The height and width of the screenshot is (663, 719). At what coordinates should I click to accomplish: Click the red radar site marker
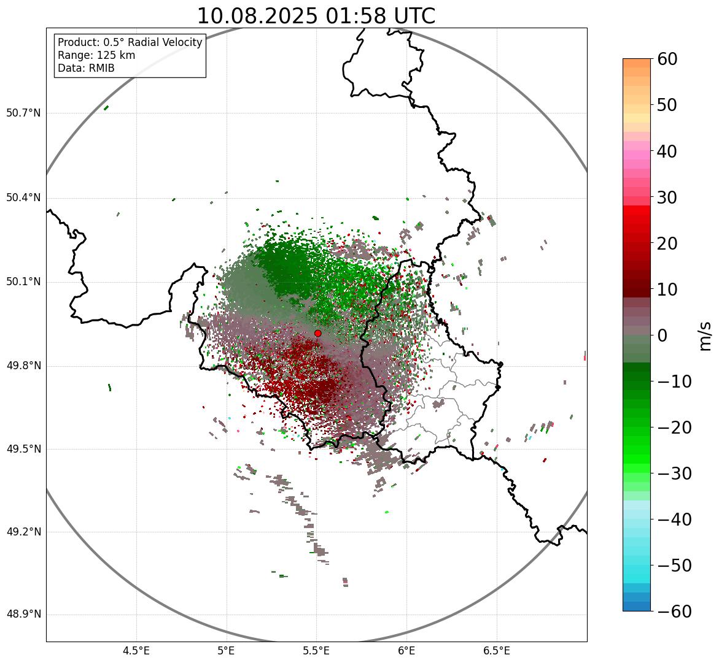[x=317, y=333]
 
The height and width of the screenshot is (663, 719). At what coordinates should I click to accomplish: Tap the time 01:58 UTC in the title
[x=380, y=16]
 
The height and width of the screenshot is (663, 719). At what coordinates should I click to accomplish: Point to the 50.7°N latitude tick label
[x=23, y=113]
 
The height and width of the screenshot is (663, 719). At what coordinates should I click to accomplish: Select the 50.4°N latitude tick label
[x=23, y=197]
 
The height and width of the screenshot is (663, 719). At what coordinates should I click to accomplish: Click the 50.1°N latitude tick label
[x=23, y=282]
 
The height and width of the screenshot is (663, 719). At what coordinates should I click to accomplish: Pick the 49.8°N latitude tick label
[x=23, y=366]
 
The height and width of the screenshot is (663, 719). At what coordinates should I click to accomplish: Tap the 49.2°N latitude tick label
[x=23, y=532]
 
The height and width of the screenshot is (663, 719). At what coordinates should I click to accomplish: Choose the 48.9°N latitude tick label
[x=23, y=615]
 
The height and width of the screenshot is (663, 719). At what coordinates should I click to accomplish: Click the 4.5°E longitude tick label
[x=136, y=651]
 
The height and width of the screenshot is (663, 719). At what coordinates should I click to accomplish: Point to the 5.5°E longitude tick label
[x=316, y=651]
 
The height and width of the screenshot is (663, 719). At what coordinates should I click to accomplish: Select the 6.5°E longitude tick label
[x=496, y=651]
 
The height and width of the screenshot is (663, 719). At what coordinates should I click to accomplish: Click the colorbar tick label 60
[x=668, y=59]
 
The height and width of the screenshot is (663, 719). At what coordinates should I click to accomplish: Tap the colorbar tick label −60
[x=674, y=611]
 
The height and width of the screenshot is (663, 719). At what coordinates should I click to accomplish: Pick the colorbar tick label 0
[x=663, y=335]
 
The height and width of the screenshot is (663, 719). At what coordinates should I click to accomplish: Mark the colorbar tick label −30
[x=674, y=473]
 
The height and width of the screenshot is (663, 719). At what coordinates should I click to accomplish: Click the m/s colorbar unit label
[x=706, y=335]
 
